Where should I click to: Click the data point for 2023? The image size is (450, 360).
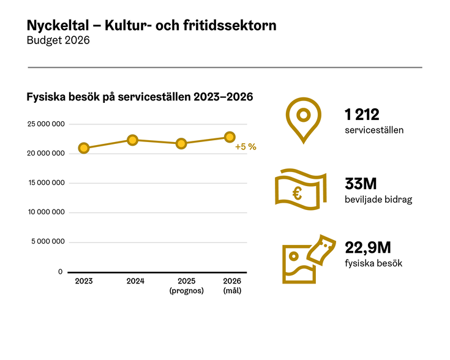[84, 148]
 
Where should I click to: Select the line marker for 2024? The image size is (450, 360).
[132, 140]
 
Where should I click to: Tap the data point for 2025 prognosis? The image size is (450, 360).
[182, 144]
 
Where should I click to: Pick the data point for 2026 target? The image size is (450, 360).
[230, 137]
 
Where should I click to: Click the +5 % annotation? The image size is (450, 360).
[246, 147]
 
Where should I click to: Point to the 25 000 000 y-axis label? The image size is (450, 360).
[47, 124]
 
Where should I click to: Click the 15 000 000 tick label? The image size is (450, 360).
[47, 183]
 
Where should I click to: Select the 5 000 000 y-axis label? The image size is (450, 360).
[48, 242]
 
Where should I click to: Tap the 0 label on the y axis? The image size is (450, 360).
[60, 271]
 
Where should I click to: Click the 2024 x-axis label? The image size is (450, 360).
[135, 281]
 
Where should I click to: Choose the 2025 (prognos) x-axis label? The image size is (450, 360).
[186, 286]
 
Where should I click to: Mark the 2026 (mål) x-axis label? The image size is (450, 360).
[232, 286]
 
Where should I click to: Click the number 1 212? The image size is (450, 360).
[362, 114]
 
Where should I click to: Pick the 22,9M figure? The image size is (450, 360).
[367, 247]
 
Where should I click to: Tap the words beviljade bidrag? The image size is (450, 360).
[378, 200]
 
